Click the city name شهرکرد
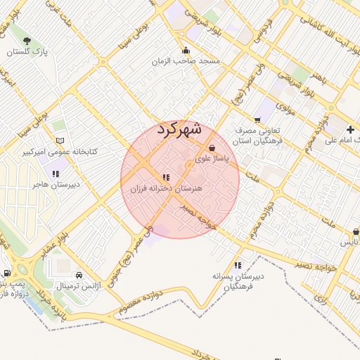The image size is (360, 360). click(179, 129)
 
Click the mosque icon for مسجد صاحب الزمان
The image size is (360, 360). click(186, 50)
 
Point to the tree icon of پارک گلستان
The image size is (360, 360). click(27, 41)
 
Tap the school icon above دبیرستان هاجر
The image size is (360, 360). click(55, 173)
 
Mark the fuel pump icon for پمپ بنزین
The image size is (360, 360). click(7, 273)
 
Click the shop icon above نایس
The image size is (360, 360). click(356, 232)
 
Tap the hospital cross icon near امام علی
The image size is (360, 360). click(351, 129)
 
